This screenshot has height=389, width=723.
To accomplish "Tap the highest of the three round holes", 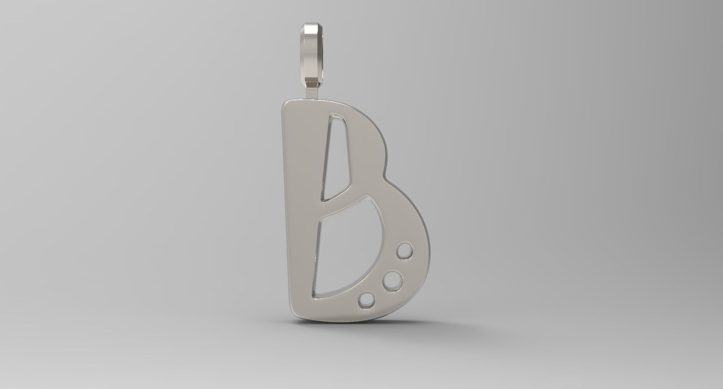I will pyautogui.click(x=405, y=251).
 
